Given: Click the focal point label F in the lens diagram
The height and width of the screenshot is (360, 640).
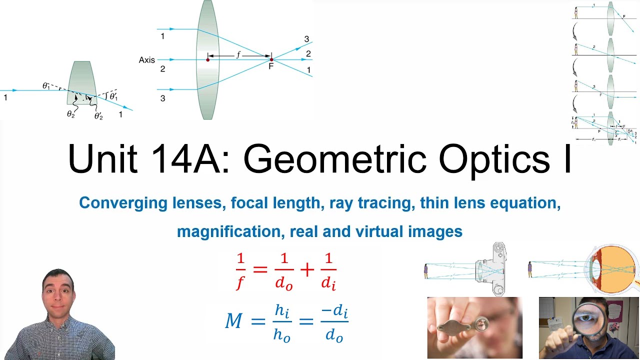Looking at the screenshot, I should pyautogui.click(x=271, y=66).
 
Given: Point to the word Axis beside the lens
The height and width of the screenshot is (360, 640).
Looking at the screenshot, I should pyautogui.click(x=147, y=60).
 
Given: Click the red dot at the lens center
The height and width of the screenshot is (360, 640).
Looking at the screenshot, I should pyautogui.click(x=208, y=59).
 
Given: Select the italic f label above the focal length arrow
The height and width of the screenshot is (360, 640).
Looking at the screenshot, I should pyautogui.click(x=238, y=54).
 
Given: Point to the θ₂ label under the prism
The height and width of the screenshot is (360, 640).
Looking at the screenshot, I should pyautogui.click(x=70, y=114).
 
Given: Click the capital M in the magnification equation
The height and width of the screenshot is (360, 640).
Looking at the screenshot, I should pyautogui.click(x=234, y=320).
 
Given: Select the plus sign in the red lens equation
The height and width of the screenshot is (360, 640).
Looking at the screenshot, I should pyautogui.click(x=306, y=270).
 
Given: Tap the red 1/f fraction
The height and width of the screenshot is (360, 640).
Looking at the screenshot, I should pyautogui.click(x=240, y=271).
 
